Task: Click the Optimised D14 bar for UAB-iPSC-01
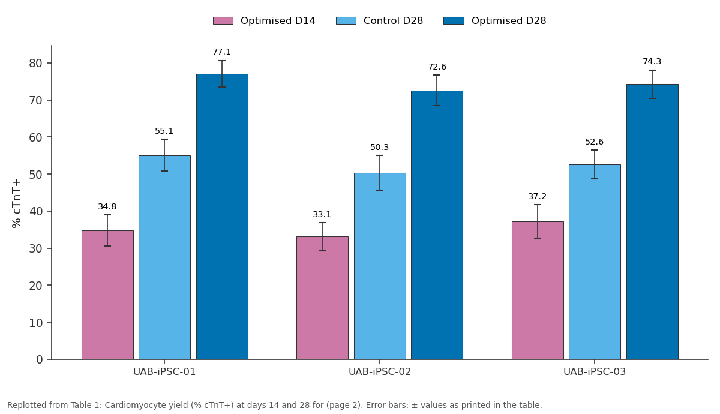(x=107, y=295)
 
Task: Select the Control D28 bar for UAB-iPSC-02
(x=380, y=266)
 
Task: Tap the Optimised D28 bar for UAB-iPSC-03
(x=652, y=222)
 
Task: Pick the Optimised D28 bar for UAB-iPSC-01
(x=222, y=217)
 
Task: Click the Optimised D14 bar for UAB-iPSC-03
(x=538, y=290)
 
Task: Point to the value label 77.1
(x=222, y=52)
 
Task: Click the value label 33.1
(x=322, y=214)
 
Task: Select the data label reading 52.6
(x=595, y=142)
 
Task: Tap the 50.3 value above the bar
(x=380, y=147)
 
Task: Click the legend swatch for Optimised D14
(x=223, y=21)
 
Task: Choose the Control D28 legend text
(x=393, y=21)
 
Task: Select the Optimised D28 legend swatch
(x=454, y=21)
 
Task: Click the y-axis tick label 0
(x=39, y=359)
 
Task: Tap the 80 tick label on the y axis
(x=35, y=63)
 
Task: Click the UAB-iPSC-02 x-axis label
(x=380, y=372)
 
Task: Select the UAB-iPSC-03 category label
(x=595, y=372)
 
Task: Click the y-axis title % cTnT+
(x=16, y=203)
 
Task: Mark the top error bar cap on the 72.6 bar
(x=437, y=75)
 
